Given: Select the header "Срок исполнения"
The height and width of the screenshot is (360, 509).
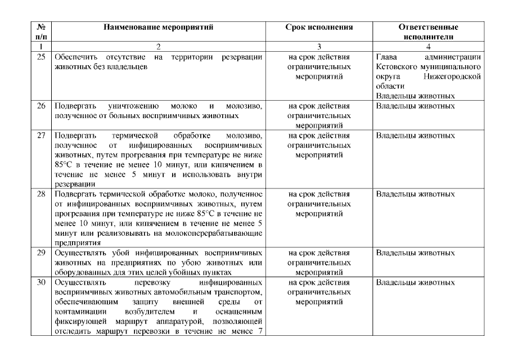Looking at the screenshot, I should [x=319, y=27].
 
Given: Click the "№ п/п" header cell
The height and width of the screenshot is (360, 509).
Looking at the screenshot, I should [x=40, y=32].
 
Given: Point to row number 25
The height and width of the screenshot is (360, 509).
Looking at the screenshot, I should [x=40, y=57].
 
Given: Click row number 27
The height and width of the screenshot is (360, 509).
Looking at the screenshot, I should [x=40, y=136].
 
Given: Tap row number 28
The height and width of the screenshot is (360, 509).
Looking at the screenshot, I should [x=40, y=194].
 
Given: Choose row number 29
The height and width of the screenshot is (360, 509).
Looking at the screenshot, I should [x=40, y=253].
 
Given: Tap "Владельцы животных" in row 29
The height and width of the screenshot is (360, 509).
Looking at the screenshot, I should [x=415, y=253].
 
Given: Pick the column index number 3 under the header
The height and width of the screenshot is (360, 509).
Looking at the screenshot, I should [x=319, y=47].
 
